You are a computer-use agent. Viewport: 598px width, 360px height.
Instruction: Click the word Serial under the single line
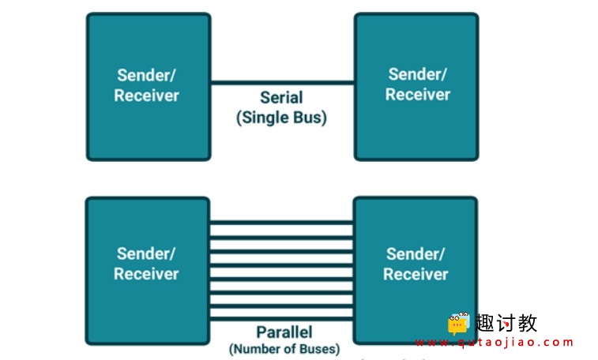pyautogui.click(x=281, y=98)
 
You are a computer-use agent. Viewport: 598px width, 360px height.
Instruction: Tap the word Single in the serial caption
pyautogui.click(x=260, y=118)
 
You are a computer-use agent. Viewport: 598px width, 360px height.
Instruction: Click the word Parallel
pyautogui.click(x=284, y=332)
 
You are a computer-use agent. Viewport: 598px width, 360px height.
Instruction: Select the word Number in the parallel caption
pyautogui.click(x=256, y=349)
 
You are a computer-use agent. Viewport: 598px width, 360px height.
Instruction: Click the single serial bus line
pyautogui.click(x=282, y=83)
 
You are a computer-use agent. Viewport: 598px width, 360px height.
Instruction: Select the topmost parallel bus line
pyautogui.click(x=281, y=223)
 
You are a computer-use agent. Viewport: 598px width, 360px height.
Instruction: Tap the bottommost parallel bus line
pyautogui.click(x=281, y=318)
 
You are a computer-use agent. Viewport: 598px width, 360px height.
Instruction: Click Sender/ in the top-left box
pyautogui.click(x=146, y=75)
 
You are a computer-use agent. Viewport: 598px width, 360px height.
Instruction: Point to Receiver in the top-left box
pyautogui.click(x=146, y=96)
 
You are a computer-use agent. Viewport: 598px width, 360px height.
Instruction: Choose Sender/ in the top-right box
pyautogui.click(x=417, y=74)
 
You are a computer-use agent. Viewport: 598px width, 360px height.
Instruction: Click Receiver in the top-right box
pyautogui.click(x=418, y=95)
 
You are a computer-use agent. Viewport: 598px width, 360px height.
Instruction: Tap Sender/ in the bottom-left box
pyautogui.click(x=146, y=253)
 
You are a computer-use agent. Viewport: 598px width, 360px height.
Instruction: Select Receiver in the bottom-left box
pyautogui.click(x=146, y=274)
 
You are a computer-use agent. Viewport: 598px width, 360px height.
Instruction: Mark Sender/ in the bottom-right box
pyautogui.click(x=416, y=254)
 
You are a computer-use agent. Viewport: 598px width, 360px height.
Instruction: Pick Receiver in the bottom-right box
pyautogui.click(x=416, y=274)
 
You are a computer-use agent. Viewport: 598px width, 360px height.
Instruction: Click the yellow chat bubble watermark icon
pyautogui.click(x=458, y=324)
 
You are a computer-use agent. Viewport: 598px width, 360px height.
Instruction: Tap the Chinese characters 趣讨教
pyautogui.click(x=506, y=323)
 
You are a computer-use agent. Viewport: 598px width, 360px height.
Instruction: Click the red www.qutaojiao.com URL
pyautogui.click(x=495, y=343)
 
